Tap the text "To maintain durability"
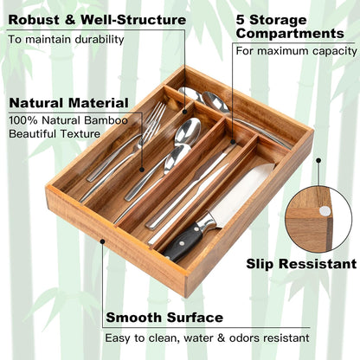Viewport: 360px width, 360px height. pos(66,39)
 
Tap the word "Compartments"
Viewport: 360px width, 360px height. pos(289,34)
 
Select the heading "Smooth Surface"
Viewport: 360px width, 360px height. pos(164,318)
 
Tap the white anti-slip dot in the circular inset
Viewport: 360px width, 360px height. pos(324,210)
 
